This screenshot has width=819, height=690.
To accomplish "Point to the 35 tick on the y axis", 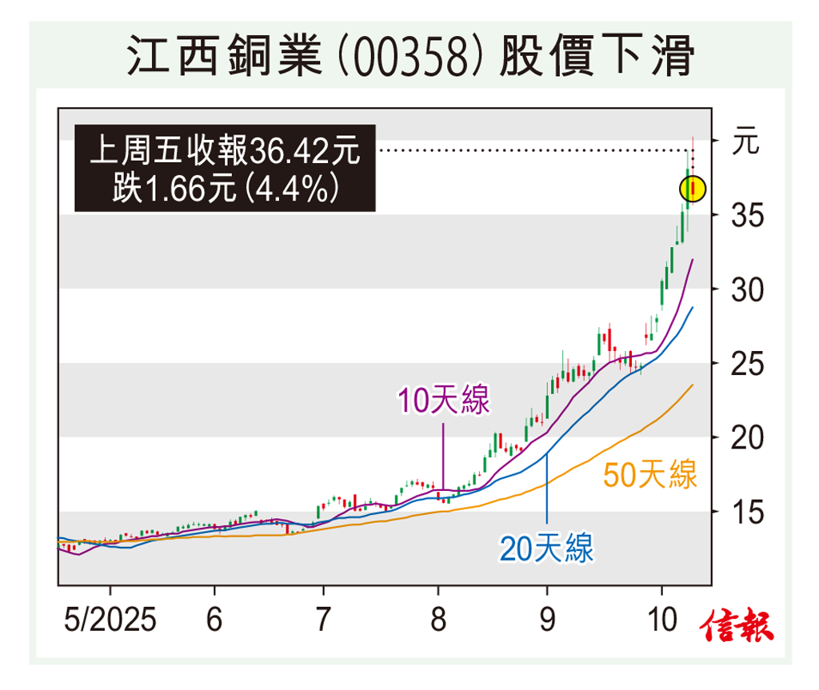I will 749,215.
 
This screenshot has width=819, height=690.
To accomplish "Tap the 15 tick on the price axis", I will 749,512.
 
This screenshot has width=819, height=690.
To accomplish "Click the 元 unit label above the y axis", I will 745,144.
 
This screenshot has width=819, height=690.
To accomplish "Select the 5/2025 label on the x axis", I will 110,621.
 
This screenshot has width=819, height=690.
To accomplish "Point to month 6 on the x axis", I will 214,621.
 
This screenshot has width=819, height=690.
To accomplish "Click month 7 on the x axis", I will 323,621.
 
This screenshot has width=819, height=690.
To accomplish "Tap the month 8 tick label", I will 438,621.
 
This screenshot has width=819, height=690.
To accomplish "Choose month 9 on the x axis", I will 547,621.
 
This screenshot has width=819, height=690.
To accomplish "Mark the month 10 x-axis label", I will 661,621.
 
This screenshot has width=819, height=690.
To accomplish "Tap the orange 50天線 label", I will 649,475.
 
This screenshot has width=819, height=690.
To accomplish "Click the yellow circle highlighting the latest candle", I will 693,189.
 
